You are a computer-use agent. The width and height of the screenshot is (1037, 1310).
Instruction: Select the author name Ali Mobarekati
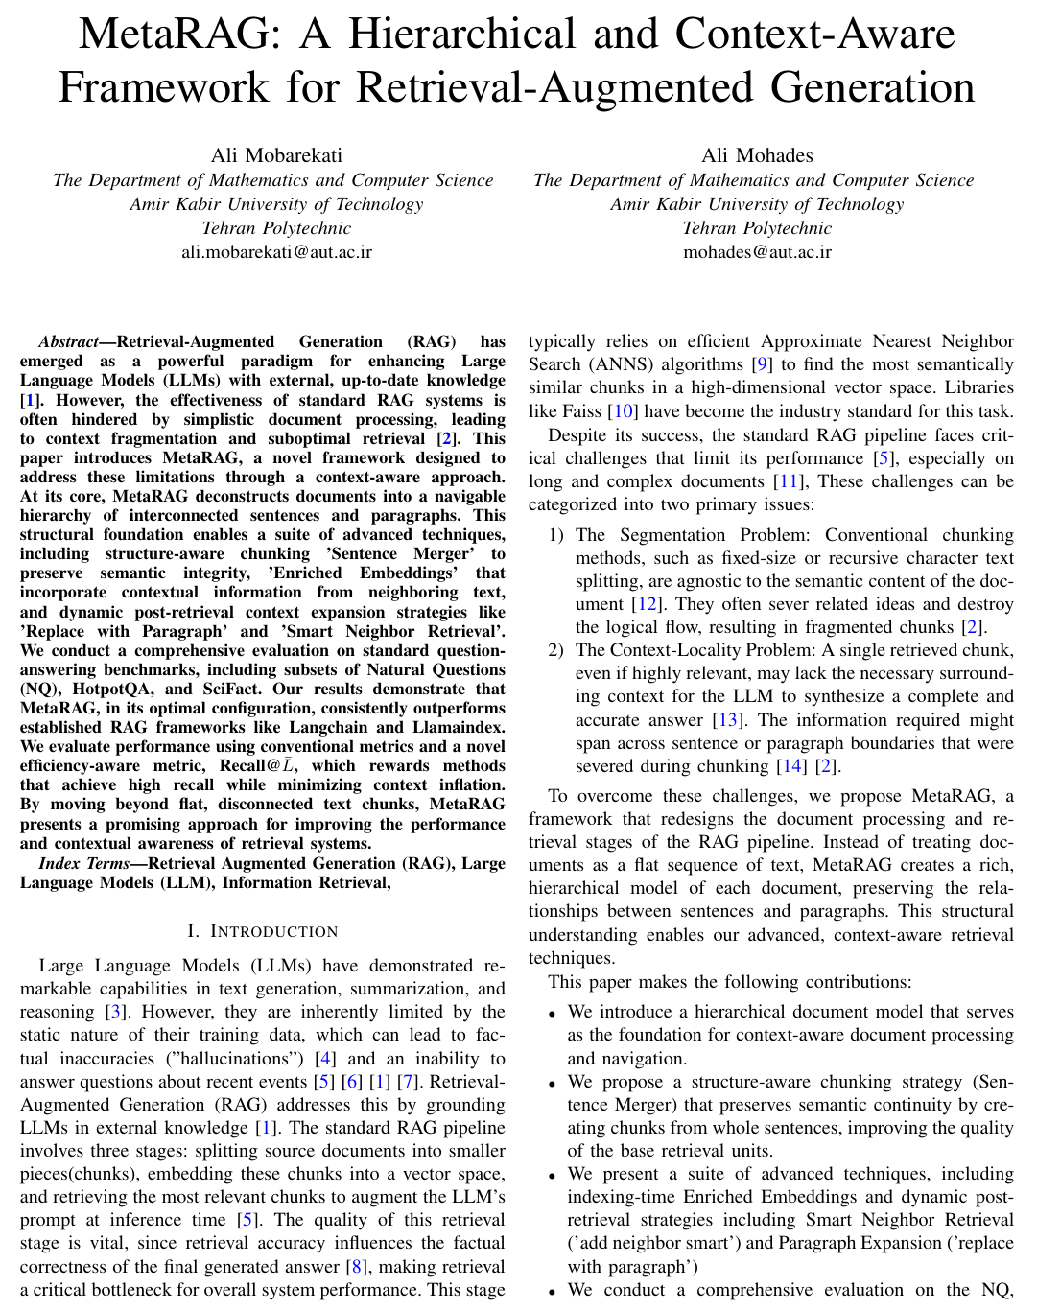[276, 155]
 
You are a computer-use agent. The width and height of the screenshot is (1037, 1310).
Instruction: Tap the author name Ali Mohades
[757, 155]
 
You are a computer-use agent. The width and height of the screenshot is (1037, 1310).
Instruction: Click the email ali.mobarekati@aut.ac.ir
[276, 252]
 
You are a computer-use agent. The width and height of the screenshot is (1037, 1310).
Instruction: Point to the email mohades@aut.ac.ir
[757, 252]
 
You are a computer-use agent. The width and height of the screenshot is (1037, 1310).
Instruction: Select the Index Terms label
[82, 863]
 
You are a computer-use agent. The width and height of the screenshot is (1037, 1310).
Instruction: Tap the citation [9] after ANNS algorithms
[762, 364]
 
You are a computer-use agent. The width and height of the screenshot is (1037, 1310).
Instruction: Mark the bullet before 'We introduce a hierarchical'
[552, 1013]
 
